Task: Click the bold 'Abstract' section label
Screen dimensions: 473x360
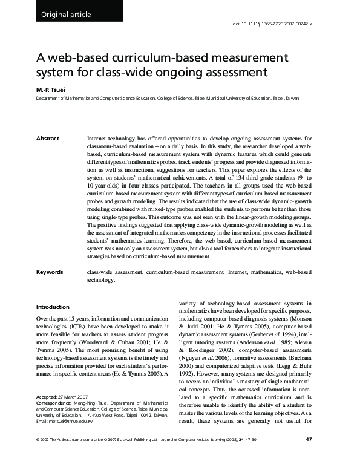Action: click(x=48, y=139)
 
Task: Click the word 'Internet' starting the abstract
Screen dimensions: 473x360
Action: click(x=100, y=139)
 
